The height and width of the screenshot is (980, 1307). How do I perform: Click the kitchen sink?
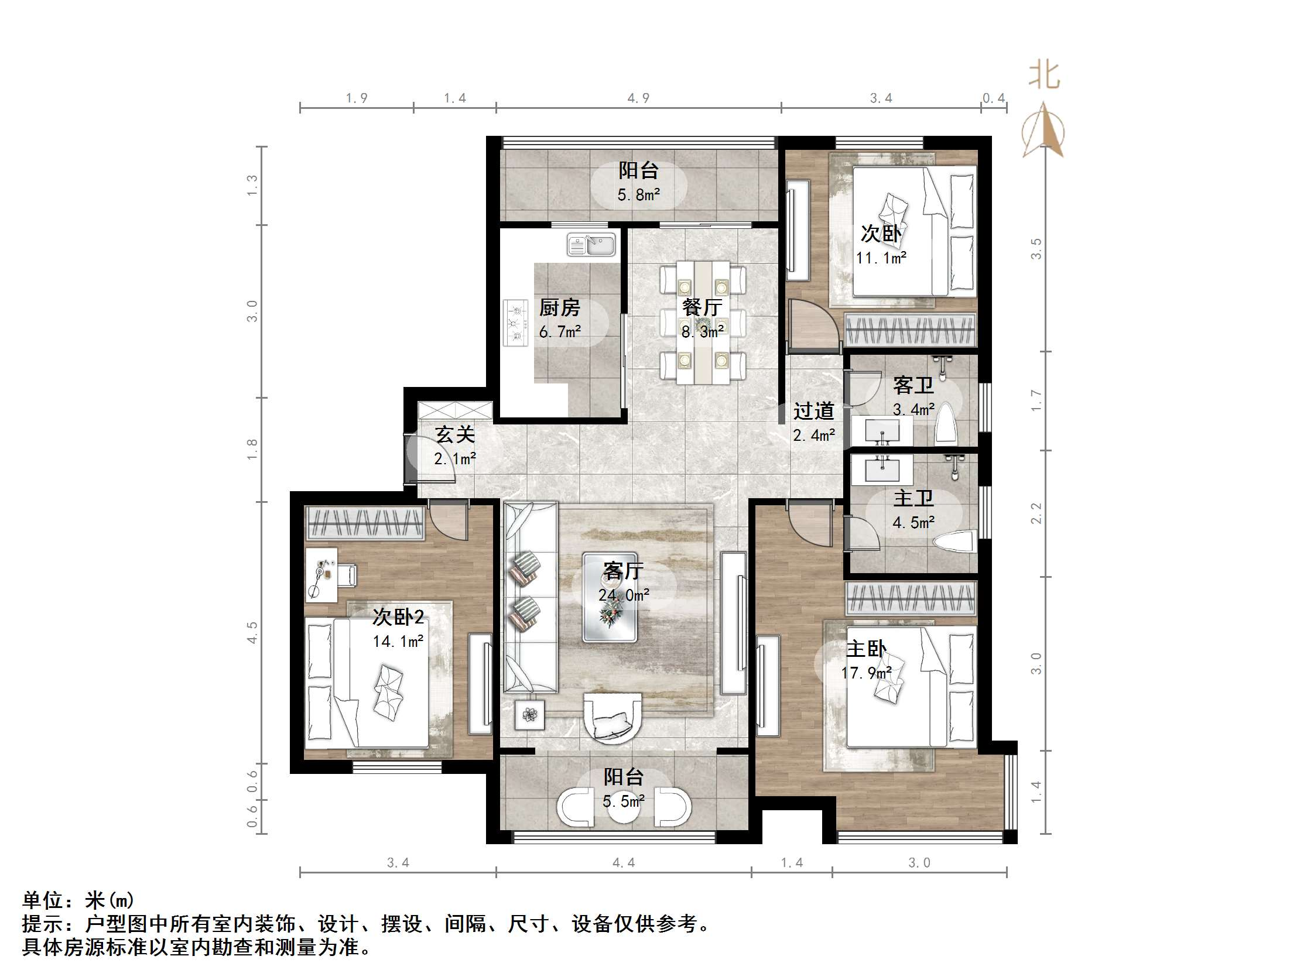point(591,244)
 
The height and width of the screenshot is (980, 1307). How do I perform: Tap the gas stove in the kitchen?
point(515,323)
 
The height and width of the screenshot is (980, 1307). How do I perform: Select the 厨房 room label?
point(559,307)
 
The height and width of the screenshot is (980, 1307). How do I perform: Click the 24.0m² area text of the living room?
point(624,595)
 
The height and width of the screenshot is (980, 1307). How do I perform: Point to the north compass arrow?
point(1044,130)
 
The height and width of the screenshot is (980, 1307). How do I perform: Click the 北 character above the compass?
point(1044,76)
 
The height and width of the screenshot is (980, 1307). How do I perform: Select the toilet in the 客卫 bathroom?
point(946,424)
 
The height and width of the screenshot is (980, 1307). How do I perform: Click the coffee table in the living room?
point(610,597)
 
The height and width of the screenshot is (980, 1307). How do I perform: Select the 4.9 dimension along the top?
point(638,98)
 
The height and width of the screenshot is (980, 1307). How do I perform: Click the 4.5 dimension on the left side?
point(252,632)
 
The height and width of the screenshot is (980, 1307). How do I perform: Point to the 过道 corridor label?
point(813,410)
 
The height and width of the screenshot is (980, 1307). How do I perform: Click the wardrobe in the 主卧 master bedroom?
point(910,598)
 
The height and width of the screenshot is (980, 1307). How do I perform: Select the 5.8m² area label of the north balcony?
point(638,194)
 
